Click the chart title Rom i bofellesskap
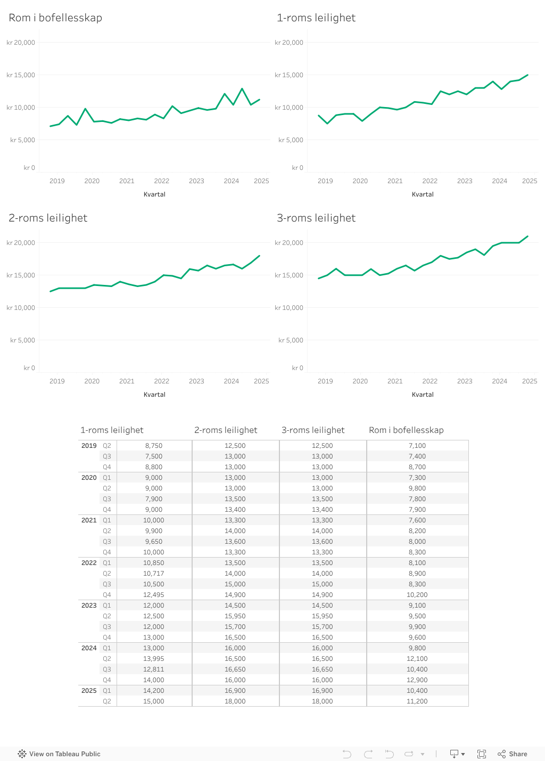[55, 18]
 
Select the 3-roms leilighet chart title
[316, 218]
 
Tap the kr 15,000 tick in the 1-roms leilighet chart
[289, 75]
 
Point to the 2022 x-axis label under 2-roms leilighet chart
[161, 381]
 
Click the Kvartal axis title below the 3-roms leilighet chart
[423, 395]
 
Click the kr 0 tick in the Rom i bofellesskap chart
[29, 168]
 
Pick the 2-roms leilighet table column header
[226, 430]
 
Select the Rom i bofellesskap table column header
[406, 430]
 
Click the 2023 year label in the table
[89, 605]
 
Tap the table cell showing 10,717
[154, 574]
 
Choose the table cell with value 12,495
[154, 595]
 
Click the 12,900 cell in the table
[417, 680]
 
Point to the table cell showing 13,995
[154, 659]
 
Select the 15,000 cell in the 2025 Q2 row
[154, 701]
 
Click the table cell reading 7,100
[417, 446]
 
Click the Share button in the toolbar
[513, 754]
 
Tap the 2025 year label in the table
[89, 691]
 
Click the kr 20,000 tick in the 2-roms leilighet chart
[21, 243]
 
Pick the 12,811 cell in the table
[154, 669]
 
